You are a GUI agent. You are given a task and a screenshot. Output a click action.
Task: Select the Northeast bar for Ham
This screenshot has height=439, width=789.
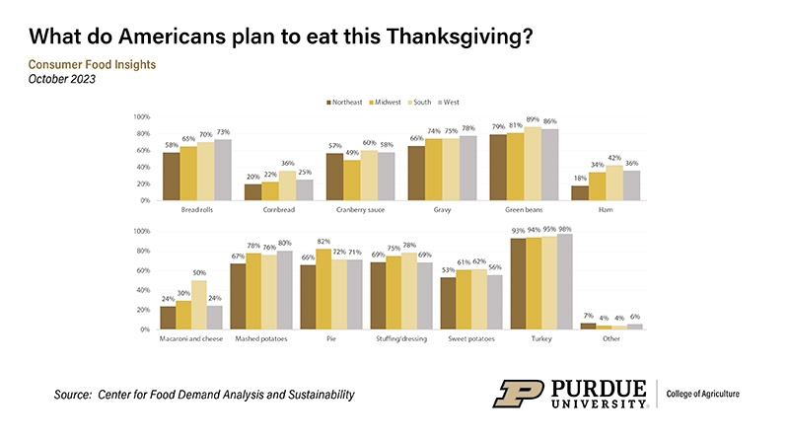pos(580,192)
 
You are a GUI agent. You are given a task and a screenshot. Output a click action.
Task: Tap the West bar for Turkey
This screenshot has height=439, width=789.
pos(564,281)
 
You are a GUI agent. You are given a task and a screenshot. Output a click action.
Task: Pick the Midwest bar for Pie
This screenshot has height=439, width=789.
pos(323,289)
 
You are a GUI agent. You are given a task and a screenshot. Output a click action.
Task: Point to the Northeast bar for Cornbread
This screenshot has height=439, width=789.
pos(252,191)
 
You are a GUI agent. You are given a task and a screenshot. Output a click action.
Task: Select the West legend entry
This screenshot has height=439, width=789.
pos(451,102)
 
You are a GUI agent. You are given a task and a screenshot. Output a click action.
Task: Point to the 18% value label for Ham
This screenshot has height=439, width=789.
pos(580,179)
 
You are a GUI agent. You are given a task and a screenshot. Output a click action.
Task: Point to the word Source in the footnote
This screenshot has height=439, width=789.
pos(72,395)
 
